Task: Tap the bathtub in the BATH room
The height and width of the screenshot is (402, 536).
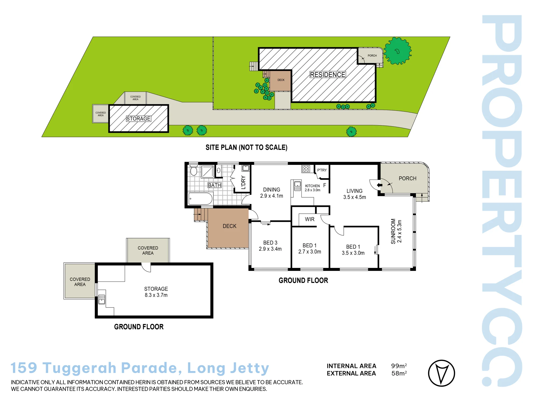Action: pyautogui.click(x=200, y=199)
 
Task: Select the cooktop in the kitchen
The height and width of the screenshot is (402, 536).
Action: pyautogui.click(x=306, y=169)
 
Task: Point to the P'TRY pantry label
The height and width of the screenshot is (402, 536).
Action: pyautogui.click(x=322, y=170)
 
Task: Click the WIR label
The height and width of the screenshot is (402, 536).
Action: pyautogui.click(x=310, y=219)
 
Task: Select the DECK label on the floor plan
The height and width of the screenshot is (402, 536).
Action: pyautogui.click(x=229, y=226)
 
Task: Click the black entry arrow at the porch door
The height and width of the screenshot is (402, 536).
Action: pyautogui.click(x=379, y=185)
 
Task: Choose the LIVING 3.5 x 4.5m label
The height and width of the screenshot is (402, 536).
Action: pyautogui.click(x=355, y=194)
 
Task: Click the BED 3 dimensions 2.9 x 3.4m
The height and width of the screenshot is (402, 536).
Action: pyautogui.click(x=270, y=249)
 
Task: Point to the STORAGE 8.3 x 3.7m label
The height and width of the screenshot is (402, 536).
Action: pyautogui.click(x=156, y=292)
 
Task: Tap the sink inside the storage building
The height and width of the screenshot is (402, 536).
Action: pyautogui.click(x=102, y=299)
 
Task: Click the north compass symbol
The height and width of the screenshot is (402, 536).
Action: pyautogui.click(x=441, y=373)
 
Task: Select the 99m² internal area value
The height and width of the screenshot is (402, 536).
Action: pyautogui.click(x=399, y=366)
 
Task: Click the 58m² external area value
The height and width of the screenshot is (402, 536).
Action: pyautogui.click(x=399, y=373)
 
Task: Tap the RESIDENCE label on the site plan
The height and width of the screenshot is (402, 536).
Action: pyautogui.click(x=327, y=75)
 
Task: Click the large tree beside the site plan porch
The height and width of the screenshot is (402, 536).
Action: pyautogui.click(x=397, y=51)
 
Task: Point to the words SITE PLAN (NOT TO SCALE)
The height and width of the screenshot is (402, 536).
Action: pyautogui.click(x=246, y=147)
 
